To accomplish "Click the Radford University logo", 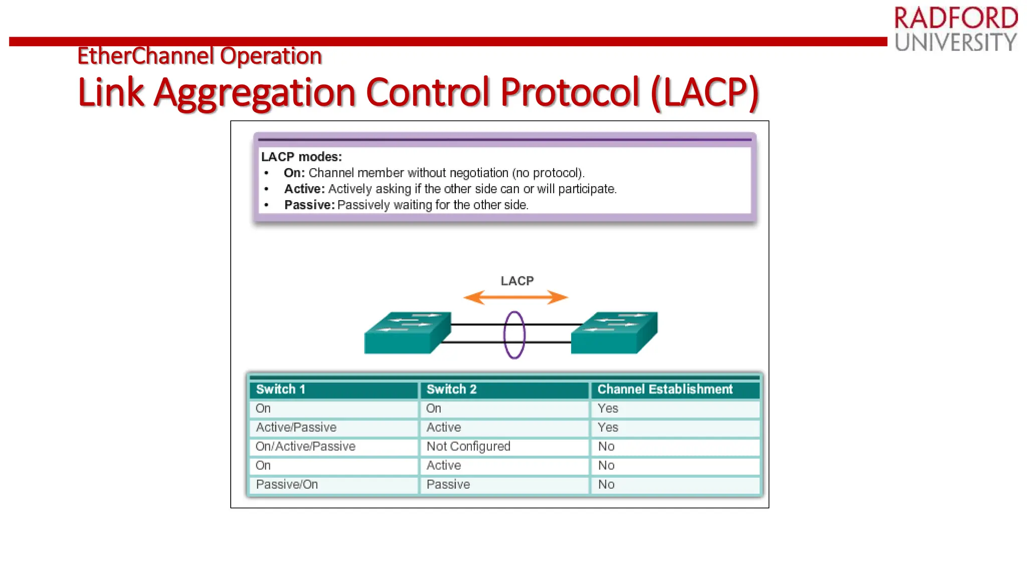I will click(x=955, y=29).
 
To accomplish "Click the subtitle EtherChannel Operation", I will click(x=199, y=56).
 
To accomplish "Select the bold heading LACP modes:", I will click(x=301, y=157).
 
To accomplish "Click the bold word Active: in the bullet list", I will click(x=304, y=189).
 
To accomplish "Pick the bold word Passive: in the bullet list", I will click(x=309, y=205).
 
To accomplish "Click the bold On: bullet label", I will click(x=294, y=173).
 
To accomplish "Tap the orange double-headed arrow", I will click(x=516, y=298).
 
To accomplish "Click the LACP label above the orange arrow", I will click(x=517, y=281).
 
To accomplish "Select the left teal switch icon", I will click(x=407, y=333).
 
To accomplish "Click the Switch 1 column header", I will click(x=281, y=389).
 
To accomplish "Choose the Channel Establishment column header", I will click(x=664, y=389).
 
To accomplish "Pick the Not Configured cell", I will click(x=468, y=447).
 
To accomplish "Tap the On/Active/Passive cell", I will click(x=305, y=447).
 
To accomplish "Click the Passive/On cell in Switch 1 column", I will click(x=287, y=485).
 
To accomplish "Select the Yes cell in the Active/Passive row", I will click(x=608, y=427).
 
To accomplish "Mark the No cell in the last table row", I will click(x=606, y=485).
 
